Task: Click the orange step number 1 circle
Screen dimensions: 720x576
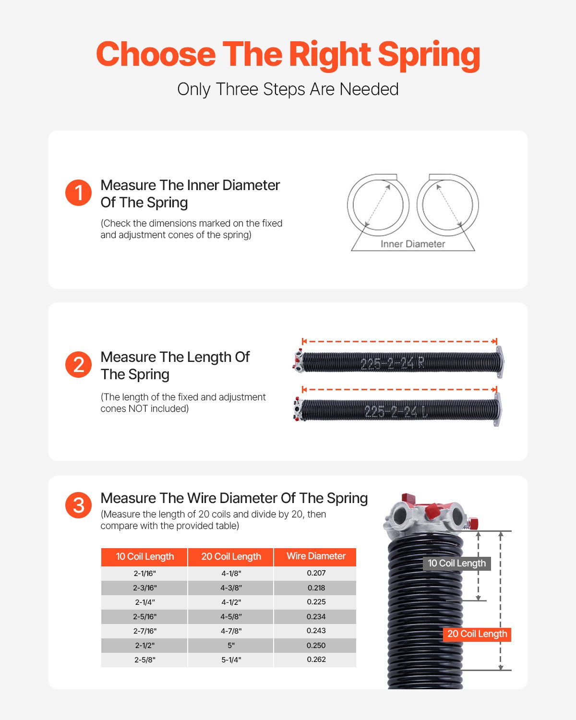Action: click(78, 192)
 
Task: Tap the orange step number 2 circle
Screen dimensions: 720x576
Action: click(78, 364)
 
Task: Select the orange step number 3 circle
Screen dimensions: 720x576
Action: click(78, 505)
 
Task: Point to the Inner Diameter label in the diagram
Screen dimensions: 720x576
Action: click(413, 244)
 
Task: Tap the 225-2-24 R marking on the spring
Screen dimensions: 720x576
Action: click(392, 363)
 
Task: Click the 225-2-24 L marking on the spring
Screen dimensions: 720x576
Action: click(396, 411)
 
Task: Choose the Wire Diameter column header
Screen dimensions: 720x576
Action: click(316, 556)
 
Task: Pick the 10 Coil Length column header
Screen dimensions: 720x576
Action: click(144, 557)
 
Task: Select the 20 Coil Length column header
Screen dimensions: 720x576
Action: click(231, 557)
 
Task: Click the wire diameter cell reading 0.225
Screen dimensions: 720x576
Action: click(316, 602)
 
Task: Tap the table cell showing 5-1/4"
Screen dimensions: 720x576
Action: click(231, 660)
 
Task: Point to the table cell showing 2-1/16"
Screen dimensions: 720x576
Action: click(144, 574)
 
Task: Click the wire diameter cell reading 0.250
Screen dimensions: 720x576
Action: click(316, 646)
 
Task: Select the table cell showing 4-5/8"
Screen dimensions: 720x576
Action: click(231, 617)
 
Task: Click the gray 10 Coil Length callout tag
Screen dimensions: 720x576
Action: click(456, 564)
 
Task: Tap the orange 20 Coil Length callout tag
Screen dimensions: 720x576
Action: click(477, 634)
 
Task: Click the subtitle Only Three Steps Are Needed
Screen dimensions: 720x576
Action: click(288, 89)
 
